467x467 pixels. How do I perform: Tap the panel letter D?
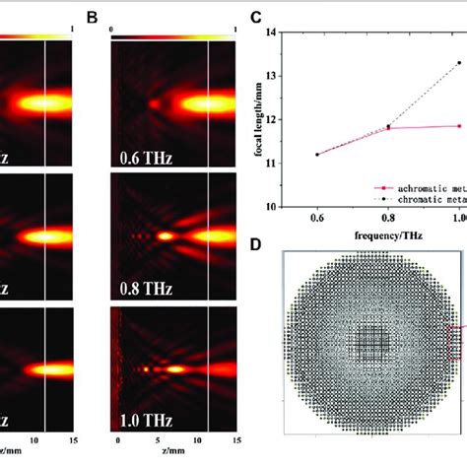click(x=256, y=240)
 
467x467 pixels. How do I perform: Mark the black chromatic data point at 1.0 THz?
click(x=459, y=63)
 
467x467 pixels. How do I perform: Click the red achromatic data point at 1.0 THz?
click(x=459, y=125)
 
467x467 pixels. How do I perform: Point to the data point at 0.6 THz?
click(x=316, y=154)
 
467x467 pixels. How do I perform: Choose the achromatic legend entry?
click(x=424, y=184)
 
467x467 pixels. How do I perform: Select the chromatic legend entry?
click(x=424, y=196)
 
